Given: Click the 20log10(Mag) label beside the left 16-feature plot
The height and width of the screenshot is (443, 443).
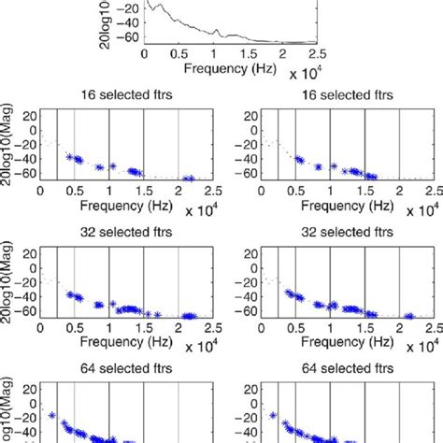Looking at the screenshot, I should (7, 146).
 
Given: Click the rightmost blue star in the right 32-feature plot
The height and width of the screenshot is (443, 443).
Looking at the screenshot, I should (408, 316).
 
